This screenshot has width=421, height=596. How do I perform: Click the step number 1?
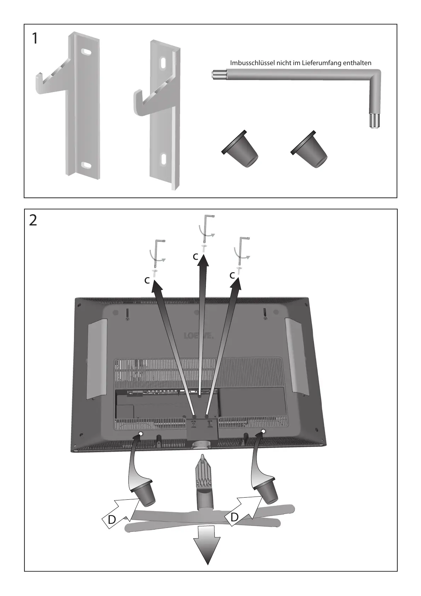coord(34,39)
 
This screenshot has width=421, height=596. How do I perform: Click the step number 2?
coord(33,220)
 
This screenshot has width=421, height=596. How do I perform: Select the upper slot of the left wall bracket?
coord(86,52)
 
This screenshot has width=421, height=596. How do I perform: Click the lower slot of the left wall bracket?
coord(86,164)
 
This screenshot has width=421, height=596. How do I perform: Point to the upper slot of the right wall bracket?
coord(163,63)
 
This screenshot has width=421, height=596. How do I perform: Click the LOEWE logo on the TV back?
coord(198,336)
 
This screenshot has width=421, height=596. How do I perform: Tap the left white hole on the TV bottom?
coord(140,434)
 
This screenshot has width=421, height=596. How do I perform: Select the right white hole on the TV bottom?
coord(264,431)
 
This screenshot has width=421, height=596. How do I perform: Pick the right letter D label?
coord(234,517)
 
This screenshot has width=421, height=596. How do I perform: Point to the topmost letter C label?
coord(195,257)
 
